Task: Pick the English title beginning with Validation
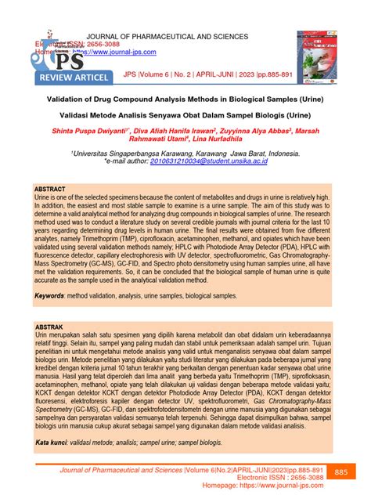coord(185,99)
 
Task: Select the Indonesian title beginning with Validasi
coord(185,114)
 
